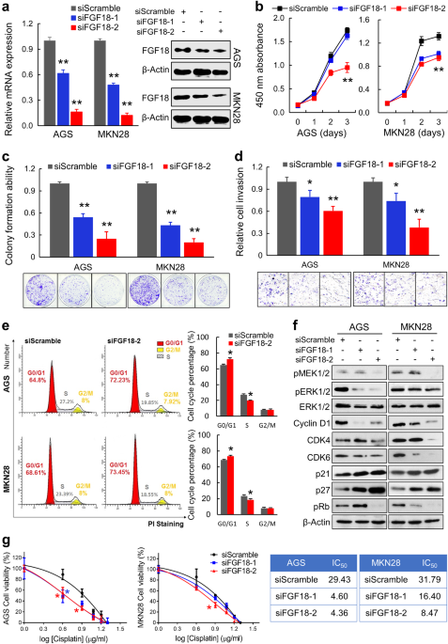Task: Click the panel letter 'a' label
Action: coord(7,8)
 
